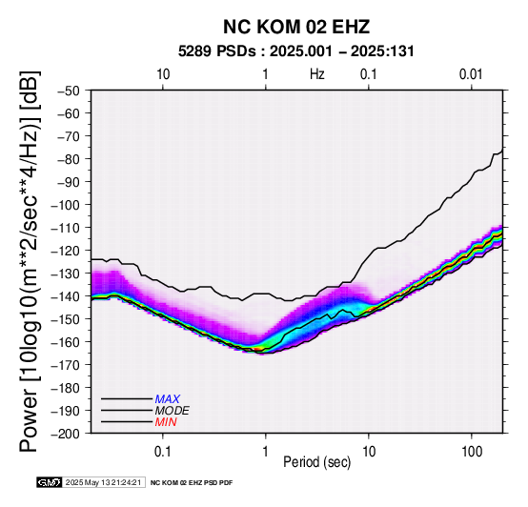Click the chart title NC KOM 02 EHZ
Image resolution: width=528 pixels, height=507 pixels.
[x=296, y=27]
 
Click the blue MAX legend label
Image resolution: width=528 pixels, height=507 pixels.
[x=168, y=399]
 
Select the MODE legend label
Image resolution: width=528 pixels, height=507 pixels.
[x=173, y=411]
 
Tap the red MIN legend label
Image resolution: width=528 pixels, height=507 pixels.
[x=166, y=422]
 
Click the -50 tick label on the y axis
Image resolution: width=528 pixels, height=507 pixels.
[x=69, y=91]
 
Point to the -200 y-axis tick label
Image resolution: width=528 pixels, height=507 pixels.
[x=66, y=434]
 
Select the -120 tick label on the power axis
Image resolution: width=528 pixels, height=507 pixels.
[x=66, y=251]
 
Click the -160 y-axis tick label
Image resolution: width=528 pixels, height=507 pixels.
[x=66, y=342]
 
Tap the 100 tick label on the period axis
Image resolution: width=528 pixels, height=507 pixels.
[x=472, y=452]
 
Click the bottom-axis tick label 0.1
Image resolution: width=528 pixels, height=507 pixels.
[x=163, y=452]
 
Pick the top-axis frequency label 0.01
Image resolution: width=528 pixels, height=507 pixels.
[x=471, y=74]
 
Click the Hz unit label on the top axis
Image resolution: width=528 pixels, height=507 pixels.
[x=317, y=74]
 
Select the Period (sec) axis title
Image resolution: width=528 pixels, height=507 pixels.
[x=316, y=462]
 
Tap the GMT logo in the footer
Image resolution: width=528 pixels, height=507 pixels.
[x=50, y=482]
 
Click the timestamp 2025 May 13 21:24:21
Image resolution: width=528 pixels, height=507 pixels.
[x=103, y=482]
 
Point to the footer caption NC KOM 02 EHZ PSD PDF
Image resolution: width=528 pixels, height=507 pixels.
[x=192, y=483]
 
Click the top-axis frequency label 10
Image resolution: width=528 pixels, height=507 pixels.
[x=163, y=74]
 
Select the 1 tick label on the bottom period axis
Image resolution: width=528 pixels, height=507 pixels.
[x=265, y=452]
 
